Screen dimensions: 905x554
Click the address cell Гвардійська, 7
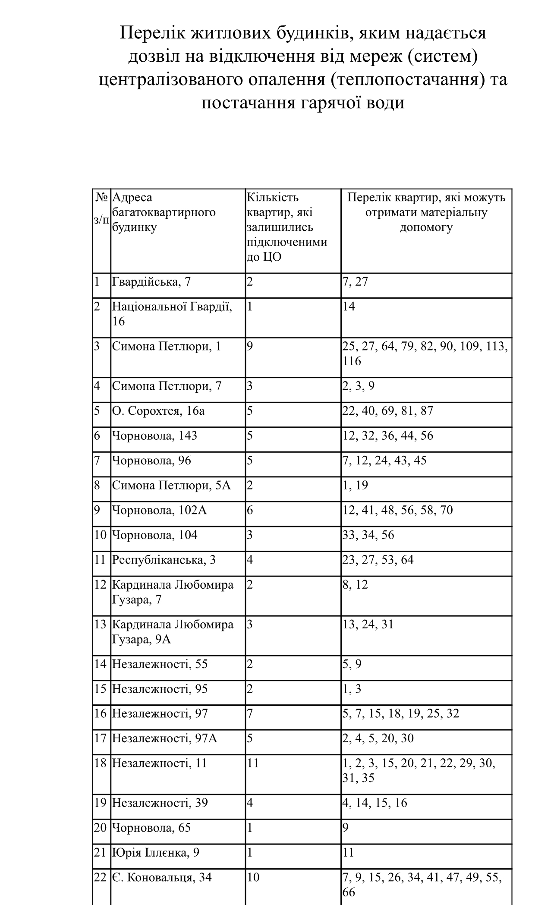(151, 282)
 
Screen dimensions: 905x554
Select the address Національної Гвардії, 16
(172, 314)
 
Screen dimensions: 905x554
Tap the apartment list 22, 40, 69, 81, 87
(387, 411)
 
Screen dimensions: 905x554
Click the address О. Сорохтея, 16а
(158, 411)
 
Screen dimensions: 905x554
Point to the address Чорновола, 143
(154, 436)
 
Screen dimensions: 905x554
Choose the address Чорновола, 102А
(160, 511)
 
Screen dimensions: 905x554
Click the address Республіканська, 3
(164, 560)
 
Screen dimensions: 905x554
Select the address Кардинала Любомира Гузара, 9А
(173, 632)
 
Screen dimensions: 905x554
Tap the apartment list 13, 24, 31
(368, 625)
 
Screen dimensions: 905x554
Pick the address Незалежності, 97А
(165, 738)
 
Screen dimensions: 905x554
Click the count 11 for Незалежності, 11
(253, 763)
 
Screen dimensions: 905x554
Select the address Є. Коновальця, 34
(162, 878)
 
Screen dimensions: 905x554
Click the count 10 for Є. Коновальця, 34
(253, 878)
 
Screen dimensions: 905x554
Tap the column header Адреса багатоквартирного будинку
(164, 212)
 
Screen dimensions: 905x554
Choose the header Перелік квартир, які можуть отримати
(426, 212)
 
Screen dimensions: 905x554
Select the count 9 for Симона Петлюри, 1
(249, 347)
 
